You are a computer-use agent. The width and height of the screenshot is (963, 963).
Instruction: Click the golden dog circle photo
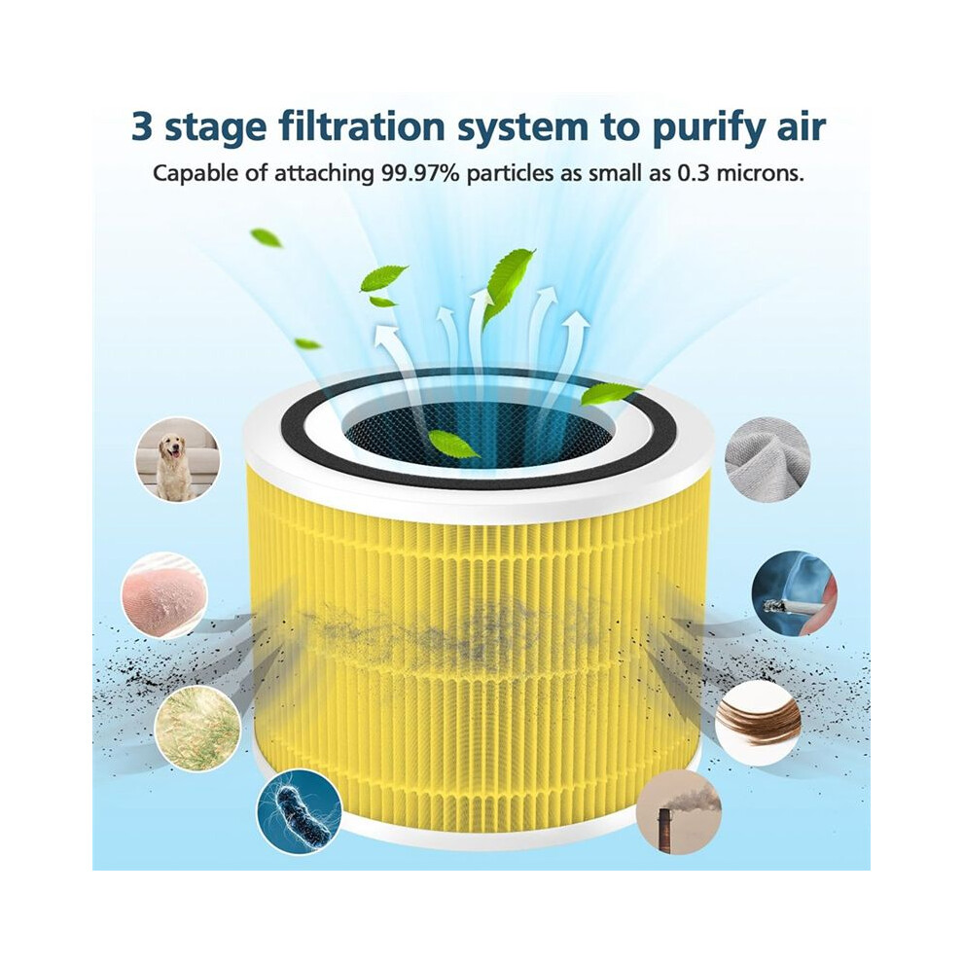click(177, 459)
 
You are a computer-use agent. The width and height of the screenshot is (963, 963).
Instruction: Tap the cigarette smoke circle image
click(794, 592)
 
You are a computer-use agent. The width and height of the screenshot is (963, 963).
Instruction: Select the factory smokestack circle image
click(680, 812)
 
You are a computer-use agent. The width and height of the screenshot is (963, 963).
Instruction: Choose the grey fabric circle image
click(767, 458)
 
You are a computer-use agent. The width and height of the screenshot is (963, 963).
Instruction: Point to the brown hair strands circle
click(757, 722)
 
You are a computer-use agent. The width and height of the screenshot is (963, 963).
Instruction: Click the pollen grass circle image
click(196, 729)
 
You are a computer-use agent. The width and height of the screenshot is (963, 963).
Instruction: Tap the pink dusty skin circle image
click(164, 595)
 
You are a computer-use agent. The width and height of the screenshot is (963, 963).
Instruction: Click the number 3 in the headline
click(142, 127)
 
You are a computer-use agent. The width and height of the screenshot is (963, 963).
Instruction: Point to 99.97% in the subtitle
click(420, 174)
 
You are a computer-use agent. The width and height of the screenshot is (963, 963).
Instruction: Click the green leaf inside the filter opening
click(454, 444)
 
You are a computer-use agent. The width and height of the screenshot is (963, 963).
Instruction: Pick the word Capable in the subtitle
click(192, 174)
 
